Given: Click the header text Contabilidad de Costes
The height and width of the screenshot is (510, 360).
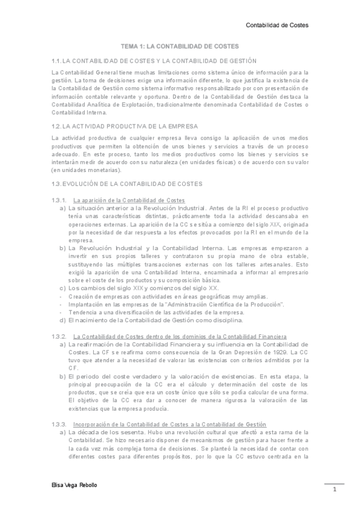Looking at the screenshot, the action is [278, 25].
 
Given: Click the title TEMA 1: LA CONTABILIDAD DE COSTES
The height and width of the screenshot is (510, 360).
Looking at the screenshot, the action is [180, 46].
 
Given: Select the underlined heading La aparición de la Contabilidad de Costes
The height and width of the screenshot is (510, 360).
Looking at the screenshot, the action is [129, 200].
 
